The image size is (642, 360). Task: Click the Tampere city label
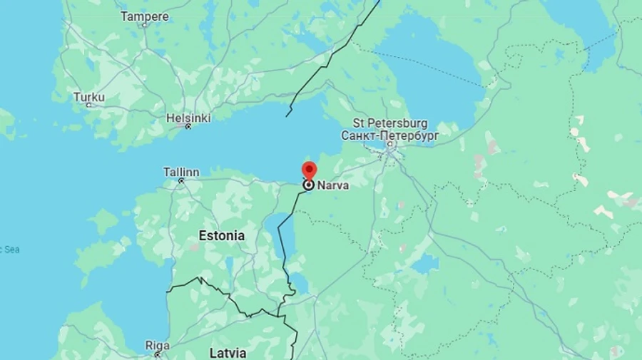tap(145, 16)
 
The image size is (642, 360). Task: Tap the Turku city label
tap(88, 97)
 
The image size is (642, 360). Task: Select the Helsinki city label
tap(188, 118)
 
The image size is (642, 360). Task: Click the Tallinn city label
tap(181, 172)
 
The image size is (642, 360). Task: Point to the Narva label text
tap(333, 185)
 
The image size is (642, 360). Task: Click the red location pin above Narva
tap(309, 171)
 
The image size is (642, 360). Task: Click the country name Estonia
tap(221, 235)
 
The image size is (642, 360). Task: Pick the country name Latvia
tap(228, 352)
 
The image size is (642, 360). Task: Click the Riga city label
tap(158, 345)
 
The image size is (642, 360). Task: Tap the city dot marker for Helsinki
tap(188, 127)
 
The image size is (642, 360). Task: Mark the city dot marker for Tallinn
tap(181, 181)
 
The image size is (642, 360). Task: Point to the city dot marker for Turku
tap(89, 106)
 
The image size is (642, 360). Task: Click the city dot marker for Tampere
tap(145, 25)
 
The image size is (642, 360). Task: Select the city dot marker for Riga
tap(157, 354)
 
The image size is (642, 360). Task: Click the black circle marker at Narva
tap(309, 185)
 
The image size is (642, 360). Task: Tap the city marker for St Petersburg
tap(389, 145)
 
